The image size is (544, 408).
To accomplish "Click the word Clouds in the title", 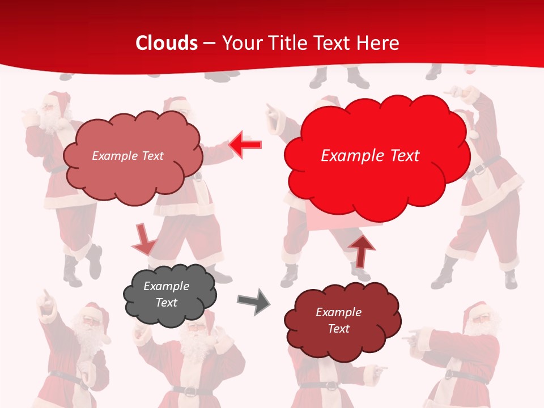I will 167,43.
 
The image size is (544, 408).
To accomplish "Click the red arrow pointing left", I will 245,145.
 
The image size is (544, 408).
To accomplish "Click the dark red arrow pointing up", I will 361,250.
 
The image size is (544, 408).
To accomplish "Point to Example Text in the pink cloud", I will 127,156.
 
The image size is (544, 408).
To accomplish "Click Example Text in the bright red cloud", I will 370,156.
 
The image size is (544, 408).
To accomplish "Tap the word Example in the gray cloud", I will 166,286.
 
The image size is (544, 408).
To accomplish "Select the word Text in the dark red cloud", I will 338,329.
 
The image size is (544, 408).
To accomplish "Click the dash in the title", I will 209,43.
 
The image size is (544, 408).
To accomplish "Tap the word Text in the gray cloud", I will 166,303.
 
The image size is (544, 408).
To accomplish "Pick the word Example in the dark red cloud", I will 338,312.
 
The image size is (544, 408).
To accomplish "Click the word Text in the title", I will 333,43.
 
